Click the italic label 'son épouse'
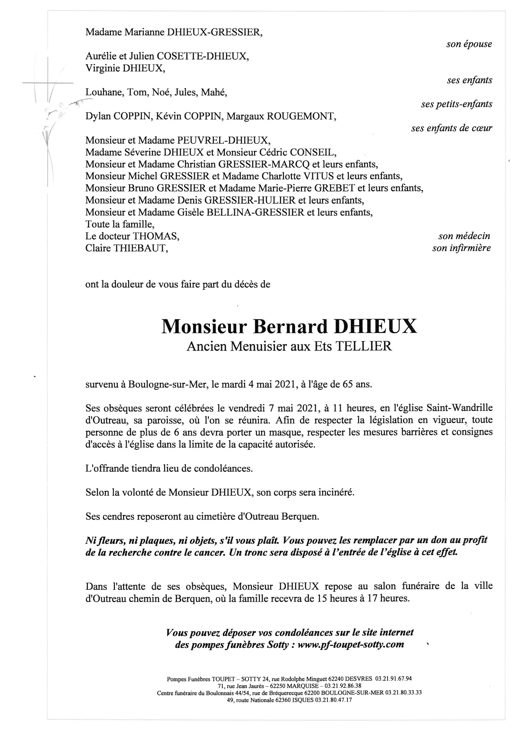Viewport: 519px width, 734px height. (x=469, y=44)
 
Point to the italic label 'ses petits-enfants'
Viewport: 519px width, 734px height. (x=456, y=104)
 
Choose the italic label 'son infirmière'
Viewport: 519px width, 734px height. (x=461, y=248)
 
